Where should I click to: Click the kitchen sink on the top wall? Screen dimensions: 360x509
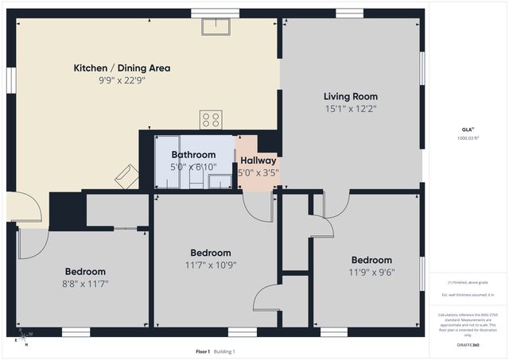pyautogui.click(x=215, y=27)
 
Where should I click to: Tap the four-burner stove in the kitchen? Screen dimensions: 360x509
pyautogui.click(x=210, y=120)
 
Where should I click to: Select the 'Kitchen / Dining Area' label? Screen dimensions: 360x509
pyautogui.click(x=122, y=68)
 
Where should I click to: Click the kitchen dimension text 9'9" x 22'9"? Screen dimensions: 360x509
pyautogui.click(x=122, y=80)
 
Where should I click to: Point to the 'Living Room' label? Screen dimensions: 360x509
pyautogui.click(x=351, y=96)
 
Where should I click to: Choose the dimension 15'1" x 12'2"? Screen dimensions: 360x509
pyautogui.click(x=351, y=109)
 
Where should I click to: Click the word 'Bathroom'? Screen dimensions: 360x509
pyautogui.click(x=193, y=155)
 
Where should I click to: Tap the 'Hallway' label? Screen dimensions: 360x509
pyautogui.click(x=258, y=161)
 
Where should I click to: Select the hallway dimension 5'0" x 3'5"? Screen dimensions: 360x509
pyautogui.click(x=258, y=172)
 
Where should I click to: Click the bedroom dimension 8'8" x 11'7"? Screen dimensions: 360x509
pyautogui.click(x=86, y=283)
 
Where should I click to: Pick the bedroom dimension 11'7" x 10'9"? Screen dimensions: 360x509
pyautogui.click(x=211, y=265)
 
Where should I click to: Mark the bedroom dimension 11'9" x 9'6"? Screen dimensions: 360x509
pyautogui.click(x=371, y=272)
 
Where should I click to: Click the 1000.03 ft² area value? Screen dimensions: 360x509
pyautogui.click(x=468, y=137)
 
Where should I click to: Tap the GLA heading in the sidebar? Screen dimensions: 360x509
pyautogui.click(x=467, y=128)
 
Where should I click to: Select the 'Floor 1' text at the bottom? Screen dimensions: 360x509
pyautogui.click(x=203, y=351)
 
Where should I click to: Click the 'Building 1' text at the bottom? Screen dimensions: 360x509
pyautogui.click(x=224, y=351)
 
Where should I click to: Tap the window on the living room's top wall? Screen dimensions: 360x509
pyautogui.click(x=349, y=13)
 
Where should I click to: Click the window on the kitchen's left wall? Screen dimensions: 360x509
pyautogui.click(x=11, y=80)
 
